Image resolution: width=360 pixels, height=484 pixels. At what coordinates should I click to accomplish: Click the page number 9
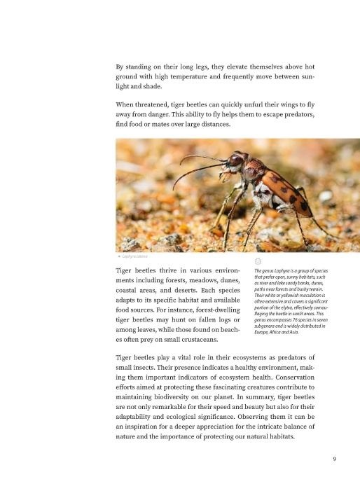(335, 459)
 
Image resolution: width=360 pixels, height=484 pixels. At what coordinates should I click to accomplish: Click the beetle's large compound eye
(237, 160)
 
